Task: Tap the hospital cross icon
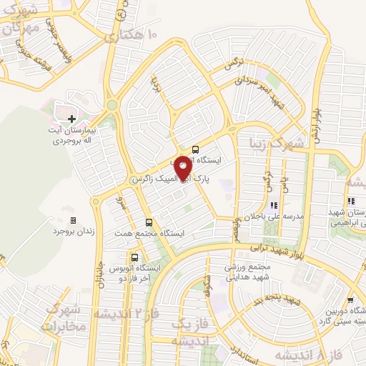[x=71, y=119]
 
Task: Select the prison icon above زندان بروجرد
[x=72, y=220]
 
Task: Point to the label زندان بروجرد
[x=71, y=232]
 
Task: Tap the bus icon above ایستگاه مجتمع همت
[x=149, y=222]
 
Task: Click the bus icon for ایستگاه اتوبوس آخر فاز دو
[x=134, y=257]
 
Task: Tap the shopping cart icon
[x=350, y=300]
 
